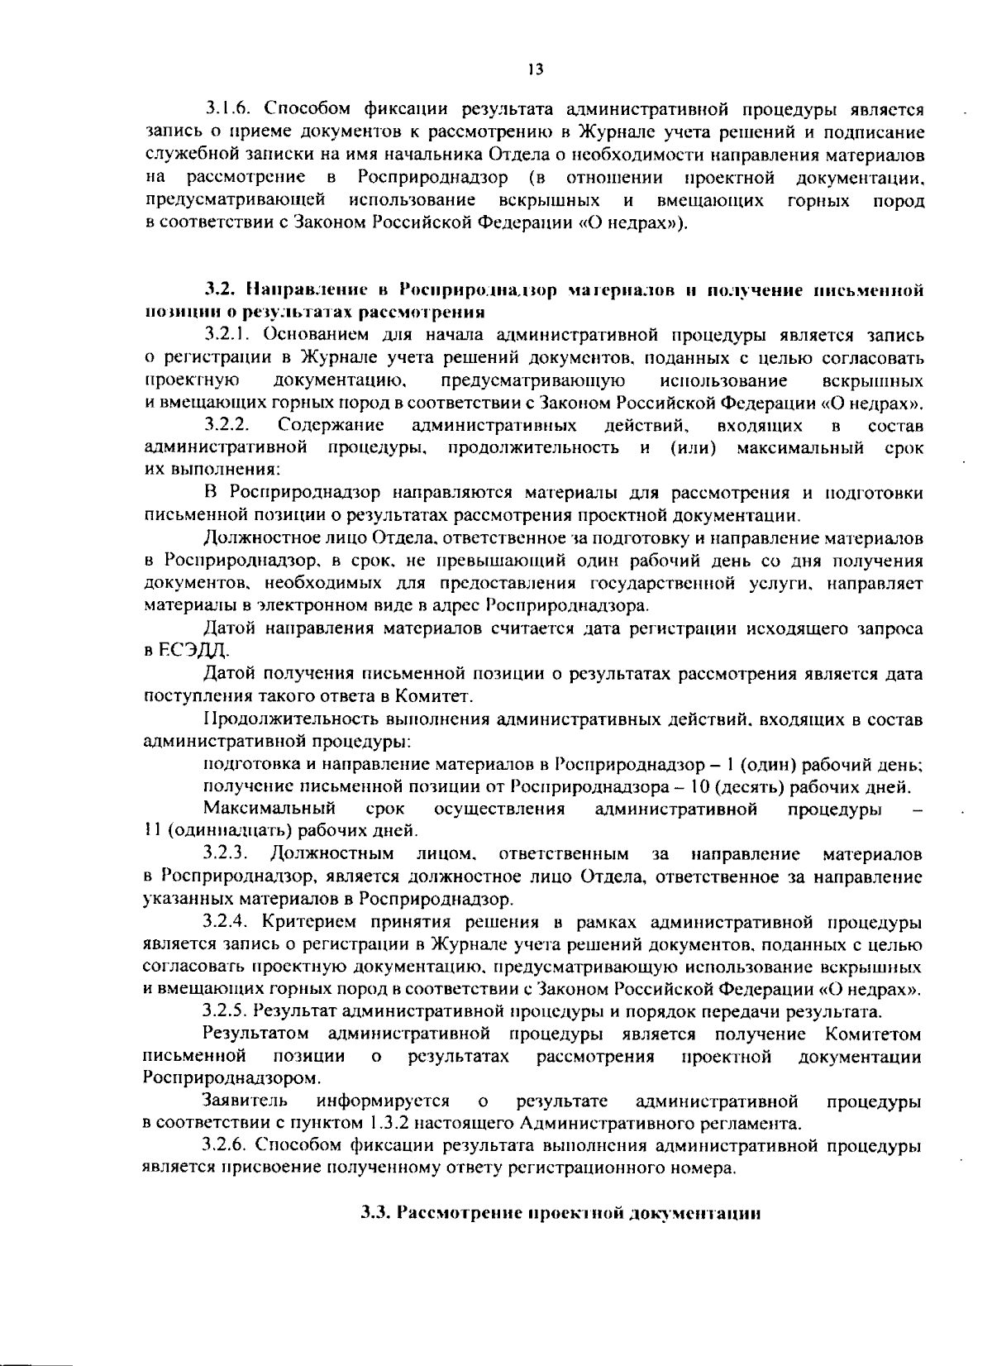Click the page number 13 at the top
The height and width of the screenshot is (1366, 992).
tap(534, 69)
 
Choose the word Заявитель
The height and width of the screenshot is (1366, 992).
tap(246, 1101)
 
